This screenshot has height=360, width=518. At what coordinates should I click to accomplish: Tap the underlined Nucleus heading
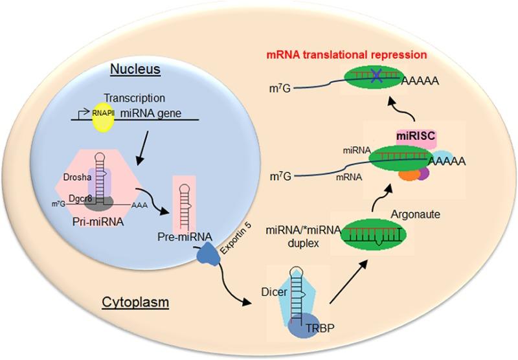(135, 69)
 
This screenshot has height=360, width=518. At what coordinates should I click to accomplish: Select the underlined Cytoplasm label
(135, 302)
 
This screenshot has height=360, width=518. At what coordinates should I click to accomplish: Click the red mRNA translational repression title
(346, 54)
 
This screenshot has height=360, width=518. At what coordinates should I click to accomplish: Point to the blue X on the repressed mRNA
(376, 76)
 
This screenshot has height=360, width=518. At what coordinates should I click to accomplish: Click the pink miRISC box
(416, 138)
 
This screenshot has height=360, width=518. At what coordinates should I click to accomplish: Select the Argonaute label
(416, 214)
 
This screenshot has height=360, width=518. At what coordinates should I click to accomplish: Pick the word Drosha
(77, 177)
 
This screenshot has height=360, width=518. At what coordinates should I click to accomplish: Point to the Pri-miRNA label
(98, 222)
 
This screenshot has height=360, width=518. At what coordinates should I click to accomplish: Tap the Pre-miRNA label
(185, 237)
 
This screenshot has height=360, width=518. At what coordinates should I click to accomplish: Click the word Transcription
(135, 98)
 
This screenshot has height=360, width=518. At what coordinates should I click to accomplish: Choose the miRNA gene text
(151, 113)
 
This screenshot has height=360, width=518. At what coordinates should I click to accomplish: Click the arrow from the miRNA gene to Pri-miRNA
(142, 148)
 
